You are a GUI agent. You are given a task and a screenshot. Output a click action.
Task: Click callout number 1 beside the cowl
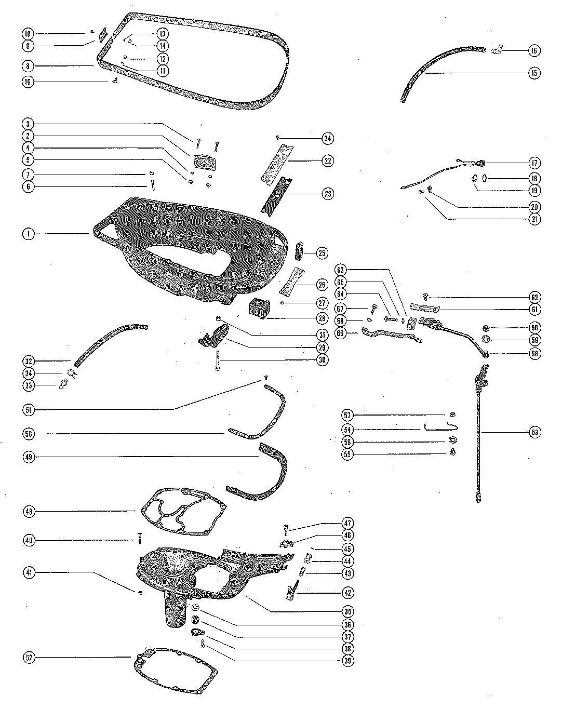(29, 234)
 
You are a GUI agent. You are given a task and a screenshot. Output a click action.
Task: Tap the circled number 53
(534, 432)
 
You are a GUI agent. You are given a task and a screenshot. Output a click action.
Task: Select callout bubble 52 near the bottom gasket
(29, 657)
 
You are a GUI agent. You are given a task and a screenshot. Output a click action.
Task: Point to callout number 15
(534, 73)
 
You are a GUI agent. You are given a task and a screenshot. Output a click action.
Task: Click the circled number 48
(29, 512)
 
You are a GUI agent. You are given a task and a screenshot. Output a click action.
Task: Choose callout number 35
(347, 611)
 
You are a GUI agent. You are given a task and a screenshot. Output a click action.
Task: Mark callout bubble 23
(327, 194)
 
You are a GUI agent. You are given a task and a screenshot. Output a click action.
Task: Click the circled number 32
(29, 361)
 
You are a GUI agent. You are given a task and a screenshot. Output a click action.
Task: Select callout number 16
(534, 50)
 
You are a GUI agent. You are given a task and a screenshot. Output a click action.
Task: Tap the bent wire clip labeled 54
(440, 427)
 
